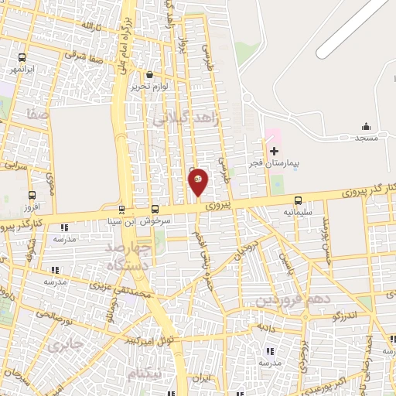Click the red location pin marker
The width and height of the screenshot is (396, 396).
tap(198, 182)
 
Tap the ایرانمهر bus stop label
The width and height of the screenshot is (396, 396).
tap(23, 70)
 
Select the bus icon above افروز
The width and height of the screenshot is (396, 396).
tap(32, 196)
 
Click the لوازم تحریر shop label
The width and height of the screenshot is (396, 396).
tap(150, 87)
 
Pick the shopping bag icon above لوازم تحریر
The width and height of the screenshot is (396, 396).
tap(150, 75)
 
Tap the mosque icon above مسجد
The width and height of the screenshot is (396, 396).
tap(366, 126)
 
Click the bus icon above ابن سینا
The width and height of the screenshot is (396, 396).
tap(121, 209)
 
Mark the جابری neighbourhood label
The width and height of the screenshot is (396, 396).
tap(63, 345)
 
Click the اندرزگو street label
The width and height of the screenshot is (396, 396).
tap(343, 316)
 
